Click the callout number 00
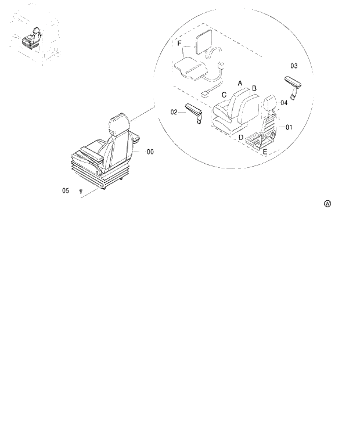click(x=150, y=152)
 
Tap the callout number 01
click(x=289, y=127)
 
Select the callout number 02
click(x=174, y=112)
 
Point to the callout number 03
click(x=294, y=66)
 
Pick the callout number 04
click(x=284, y=103)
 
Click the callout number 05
click(x=66, y=190)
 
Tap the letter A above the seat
click(x=240, y=83)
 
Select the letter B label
click(x=254, y=88)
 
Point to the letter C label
click(x=224, y=95)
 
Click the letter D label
click(x=240, y=138)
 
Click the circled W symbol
click(x=328, y=204)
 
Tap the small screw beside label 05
click(x=81, y=191)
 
